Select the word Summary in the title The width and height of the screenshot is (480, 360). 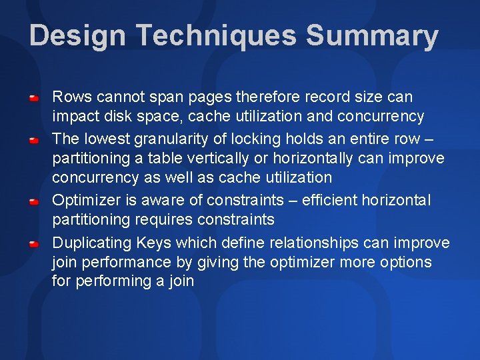(372, 35)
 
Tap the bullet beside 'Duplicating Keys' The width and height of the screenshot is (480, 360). (33, 244)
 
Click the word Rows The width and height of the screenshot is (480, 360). (69, 97)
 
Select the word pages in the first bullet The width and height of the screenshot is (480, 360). (211, 97)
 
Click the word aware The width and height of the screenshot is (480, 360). (169, 201)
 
